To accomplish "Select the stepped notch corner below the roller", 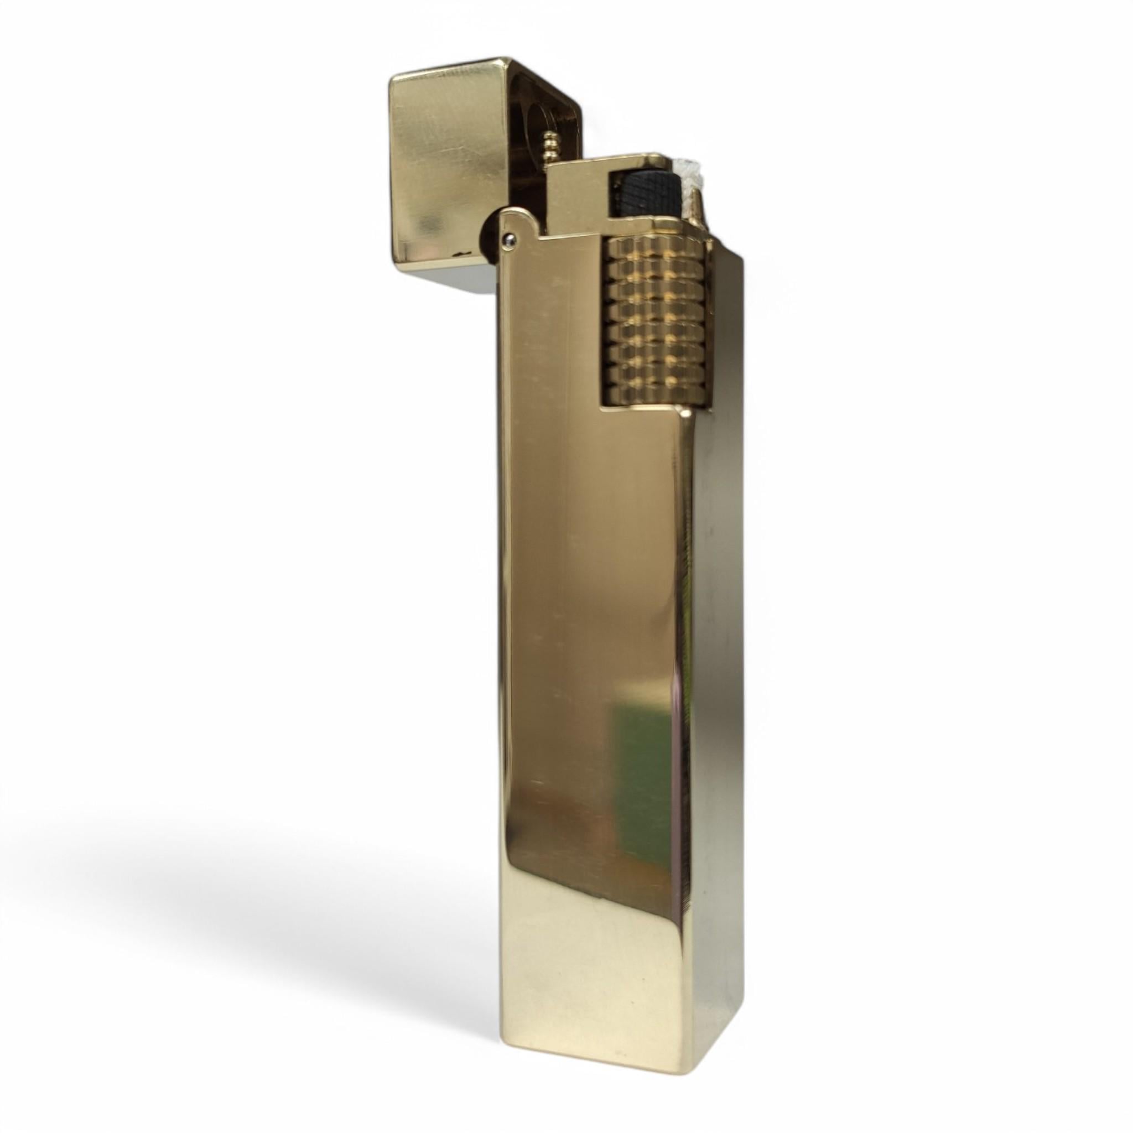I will click(683, 410).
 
